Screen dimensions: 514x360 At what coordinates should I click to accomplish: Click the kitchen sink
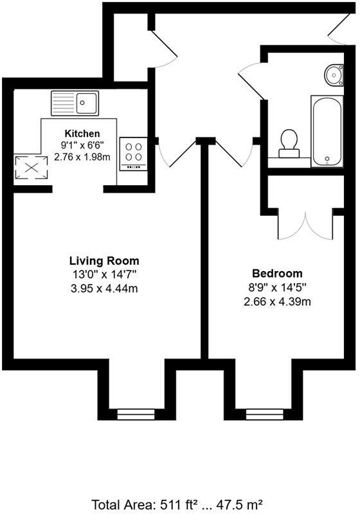(x=75, y=103)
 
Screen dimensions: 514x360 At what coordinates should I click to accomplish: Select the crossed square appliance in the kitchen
(x=32, y=168)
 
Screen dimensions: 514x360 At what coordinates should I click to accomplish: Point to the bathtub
(x=328, y=131)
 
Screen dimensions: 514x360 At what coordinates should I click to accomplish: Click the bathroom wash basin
(x=334, y=75)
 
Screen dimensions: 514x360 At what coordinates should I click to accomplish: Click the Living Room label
(x=104, y=261)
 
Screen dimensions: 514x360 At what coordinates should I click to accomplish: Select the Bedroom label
(x=277, y=274)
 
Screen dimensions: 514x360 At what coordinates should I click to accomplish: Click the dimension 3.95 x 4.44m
(x=104, y=288)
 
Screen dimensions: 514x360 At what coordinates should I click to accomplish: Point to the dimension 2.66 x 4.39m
(x=277, y=301)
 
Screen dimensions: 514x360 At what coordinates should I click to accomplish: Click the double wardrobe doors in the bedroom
(x=306, y=225)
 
